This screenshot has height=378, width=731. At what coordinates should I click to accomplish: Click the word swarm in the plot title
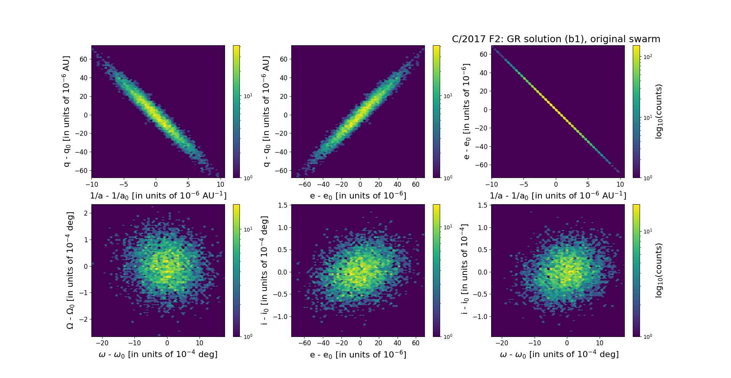point(644,39)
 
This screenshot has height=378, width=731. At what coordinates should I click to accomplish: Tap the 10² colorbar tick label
point(648,57)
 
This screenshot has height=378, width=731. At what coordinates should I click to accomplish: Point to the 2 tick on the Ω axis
point(86,213)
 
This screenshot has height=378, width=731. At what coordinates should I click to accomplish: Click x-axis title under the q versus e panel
point(358,196)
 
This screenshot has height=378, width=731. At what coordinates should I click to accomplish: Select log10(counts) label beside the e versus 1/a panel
point(659,111)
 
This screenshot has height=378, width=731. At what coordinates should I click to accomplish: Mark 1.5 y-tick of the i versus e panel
point(283,205)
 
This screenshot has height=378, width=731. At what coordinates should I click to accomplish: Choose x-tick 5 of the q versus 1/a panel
point(188,184)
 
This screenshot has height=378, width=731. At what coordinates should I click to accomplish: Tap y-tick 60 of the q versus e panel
point(283,59)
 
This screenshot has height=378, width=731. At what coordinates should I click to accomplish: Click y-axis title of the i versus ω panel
point(464,270)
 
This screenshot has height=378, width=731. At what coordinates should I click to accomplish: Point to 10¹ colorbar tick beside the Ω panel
point(248,229)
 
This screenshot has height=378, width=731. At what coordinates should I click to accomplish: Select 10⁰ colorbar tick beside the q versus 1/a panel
point(248,178)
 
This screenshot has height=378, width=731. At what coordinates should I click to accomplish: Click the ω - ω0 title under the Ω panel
point(158,354)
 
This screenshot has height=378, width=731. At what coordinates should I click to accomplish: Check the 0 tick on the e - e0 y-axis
point(485,110)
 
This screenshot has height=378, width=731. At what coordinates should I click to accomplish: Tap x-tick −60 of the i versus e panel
point(304,343)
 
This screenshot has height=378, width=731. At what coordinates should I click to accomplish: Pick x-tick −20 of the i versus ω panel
point(502,343)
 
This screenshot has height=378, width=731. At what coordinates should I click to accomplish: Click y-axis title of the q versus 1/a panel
point(67,111)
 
